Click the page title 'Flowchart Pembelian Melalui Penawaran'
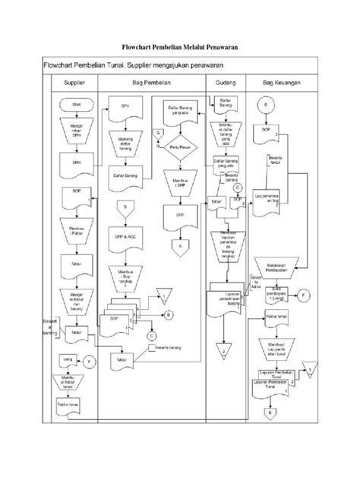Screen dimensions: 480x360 pyautogui.click(x=180, y=47)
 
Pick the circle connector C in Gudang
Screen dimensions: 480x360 pyautogui.click(x=238, y=186)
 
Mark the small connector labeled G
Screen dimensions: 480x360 pyautogui.click(x=158, y=133)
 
